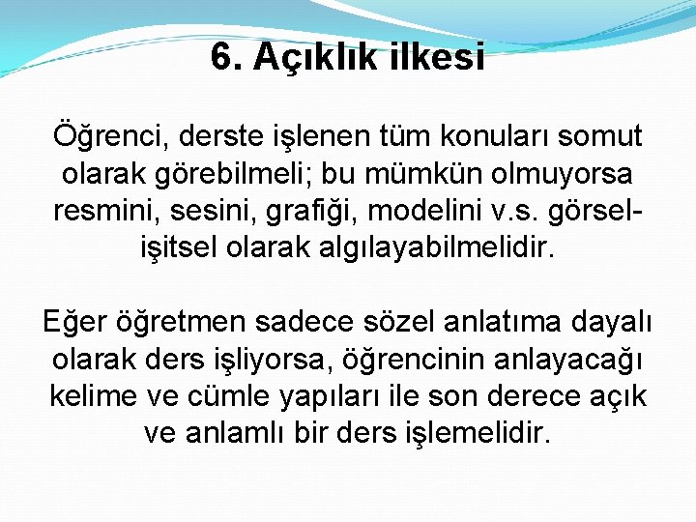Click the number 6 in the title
[x=221, y=58]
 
